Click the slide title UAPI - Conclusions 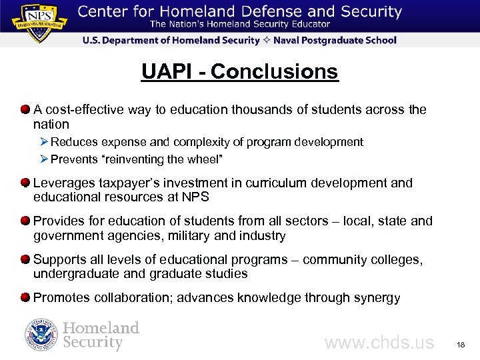coord(239,71)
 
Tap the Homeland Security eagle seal coord(41,335)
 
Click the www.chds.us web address coord(379,343)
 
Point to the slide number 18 coord(461,345)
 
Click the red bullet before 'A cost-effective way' coord(25,109)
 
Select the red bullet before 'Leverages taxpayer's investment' coord(25,183)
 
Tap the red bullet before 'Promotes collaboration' coord(25,297)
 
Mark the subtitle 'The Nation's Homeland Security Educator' coord(239,25)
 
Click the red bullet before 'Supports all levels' coord(25,259)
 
